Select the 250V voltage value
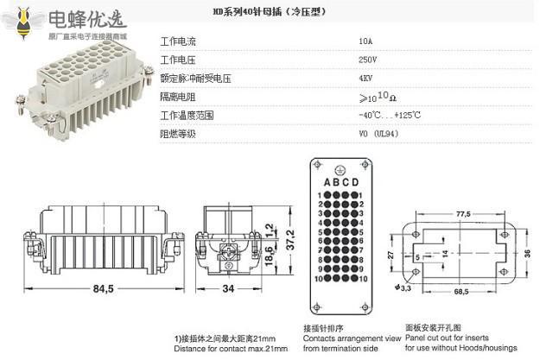click(368, 60)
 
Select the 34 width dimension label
click(227, 289)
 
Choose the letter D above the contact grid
click(356, 182)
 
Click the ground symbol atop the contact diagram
click(340, 169)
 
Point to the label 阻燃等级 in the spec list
click(179, 134)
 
